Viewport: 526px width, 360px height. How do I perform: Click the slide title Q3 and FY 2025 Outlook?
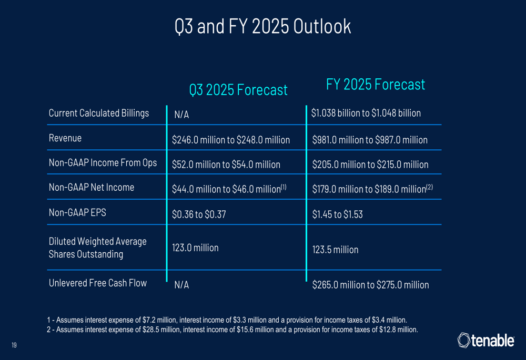pos(262,26)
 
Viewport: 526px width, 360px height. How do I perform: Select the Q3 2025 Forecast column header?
pos(238,90)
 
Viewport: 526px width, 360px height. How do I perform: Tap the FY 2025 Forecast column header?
pos(375,84)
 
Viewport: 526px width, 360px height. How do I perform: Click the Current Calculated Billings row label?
pos(99,113)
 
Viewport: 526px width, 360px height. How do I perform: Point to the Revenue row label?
pos(65,139)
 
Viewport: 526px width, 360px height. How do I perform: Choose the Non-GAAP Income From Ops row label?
pos(103,163)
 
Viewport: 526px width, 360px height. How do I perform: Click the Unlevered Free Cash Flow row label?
pos(97,283)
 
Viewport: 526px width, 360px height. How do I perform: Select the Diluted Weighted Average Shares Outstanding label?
pos(97,248)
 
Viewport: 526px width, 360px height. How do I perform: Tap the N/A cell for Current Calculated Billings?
pos(181,115)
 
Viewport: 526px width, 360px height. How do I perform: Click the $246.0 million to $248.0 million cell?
pos(231,140)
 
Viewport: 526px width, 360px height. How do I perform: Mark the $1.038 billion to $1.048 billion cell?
pos(366,113)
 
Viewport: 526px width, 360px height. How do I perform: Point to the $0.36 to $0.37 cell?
pos(199,214)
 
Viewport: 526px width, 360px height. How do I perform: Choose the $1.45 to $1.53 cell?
pos(337,214)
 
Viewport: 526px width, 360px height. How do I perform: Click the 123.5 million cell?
pos(335,250)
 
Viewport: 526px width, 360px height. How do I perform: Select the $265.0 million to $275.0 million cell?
pos(370,285)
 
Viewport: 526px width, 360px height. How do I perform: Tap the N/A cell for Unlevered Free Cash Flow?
pos(181,285)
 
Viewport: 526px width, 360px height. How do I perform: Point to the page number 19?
pos(14,345)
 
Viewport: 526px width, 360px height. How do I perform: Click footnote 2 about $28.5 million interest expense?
pos(232,330)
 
